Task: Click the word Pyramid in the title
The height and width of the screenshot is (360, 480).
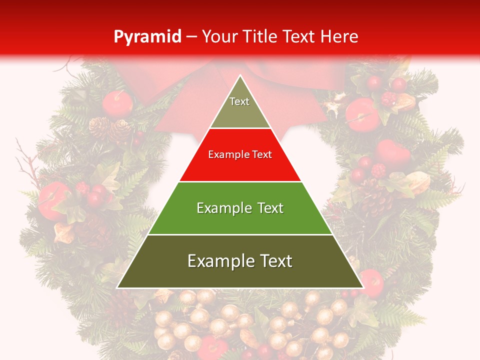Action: pyautogui.click(x=147, y=37)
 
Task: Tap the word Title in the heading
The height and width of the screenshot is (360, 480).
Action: pyautogui.click(x=260, y=36)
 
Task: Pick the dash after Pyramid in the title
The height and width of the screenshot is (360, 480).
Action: pyautogui.click(x=191, y=37)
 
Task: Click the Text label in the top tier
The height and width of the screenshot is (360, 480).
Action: pyautogui.click(x=239, y=101)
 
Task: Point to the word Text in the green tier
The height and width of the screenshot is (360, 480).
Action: pyautogui.click(x=270, y=208)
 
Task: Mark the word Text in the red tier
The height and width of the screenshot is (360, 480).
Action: pyautogui.click(x=261, y=155)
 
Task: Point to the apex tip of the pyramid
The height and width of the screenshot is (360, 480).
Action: pyautogui.click(x=240, y=76)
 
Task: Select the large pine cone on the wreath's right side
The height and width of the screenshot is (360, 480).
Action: pyautogui.click(x=375, y=197)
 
